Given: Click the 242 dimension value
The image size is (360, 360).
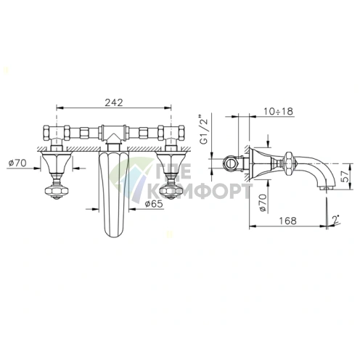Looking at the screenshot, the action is click(x=114, y=102).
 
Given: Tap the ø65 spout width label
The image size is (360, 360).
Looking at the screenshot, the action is click(x=154, y=204).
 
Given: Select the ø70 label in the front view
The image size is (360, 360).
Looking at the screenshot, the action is click(x=17, y=163).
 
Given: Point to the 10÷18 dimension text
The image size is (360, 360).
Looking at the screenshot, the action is click(x=278, y=111).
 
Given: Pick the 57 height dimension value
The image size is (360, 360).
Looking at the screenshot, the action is click(x=345, y=176).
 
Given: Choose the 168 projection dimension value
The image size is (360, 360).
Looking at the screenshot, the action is click(x=287, y=221).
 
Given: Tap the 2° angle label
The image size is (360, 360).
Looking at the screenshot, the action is click(x=336, y=219).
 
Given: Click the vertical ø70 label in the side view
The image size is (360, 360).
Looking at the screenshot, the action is click(x=263, y=202).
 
